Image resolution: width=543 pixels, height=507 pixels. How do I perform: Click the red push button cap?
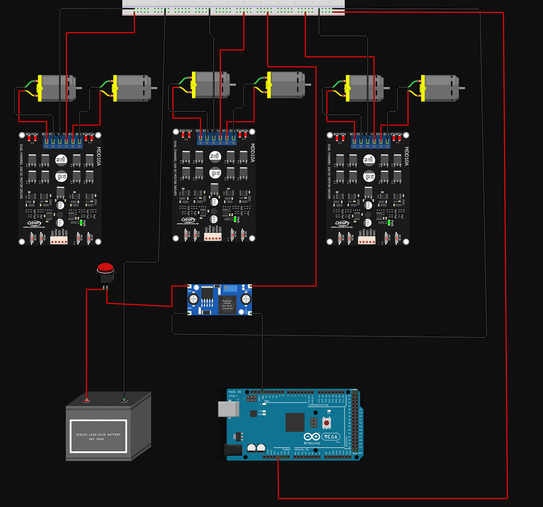[106, 267]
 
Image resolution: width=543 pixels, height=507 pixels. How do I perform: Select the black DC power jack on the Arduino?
[234, 450]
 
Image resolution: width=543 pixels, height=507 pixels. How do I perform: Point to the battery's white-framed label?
[98, 436]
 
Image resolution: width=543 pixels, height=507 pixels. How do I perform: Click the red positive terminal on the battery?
[87, 400]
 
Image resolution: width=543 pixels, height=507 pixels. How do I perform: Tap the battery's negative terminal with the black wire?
[124, 400]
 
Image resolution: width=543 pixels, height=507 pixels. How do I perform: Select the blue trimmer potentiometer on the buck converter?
[231, 290]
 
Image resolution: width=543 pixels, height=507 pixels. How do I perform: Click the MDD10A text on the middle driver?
[252, 152]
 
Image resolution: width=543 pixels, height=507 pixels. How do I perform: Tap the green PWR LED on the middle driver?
[234, 219]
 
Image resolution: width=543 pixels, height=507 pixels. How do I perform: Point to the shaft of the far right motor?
[462, 88]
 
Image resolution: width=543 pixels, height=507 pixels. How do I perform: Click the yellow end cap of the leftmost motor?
[39, 88]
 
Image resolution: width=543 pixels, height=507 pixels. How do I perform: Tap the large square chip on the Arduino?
[295, 422]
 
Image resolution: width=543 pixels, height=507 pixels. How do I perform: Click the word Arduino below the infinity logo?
[312, 442]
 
